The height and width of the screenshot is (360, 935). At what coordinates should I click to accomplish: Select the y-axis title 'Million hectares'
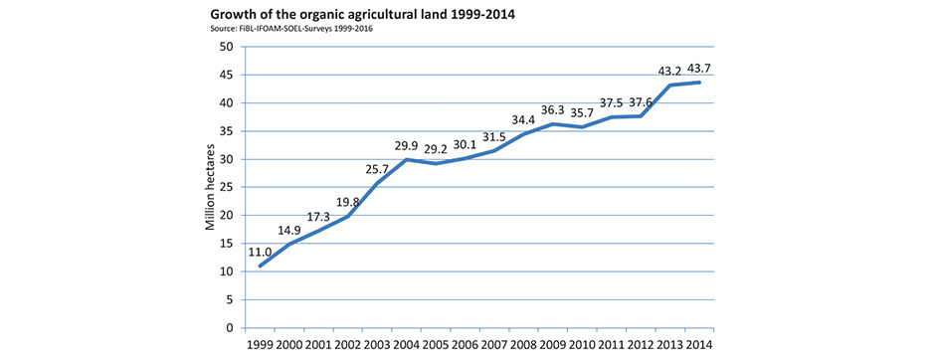click(x=211, y=187)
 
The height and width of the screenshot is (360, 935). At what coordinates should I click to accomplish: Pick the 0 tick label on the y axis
click(x=228, y=328)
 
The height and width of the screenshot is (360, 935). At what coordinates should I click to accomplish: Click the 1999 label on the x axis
click(x=259, y=345)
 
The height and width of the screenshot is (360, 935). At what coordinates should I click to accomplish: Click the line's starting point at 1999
click(x=261, y=266)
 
